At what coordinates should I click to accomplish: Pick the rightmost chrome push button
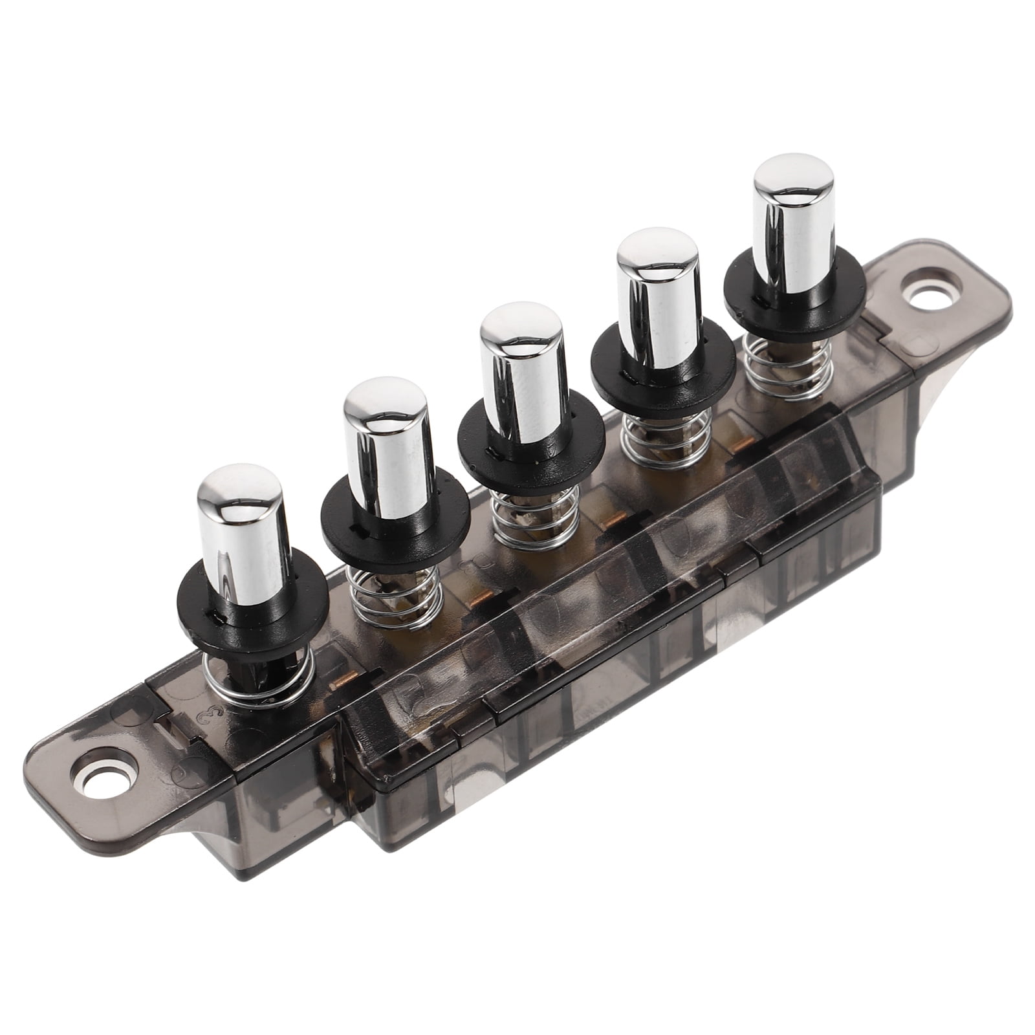click(792, 181)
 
